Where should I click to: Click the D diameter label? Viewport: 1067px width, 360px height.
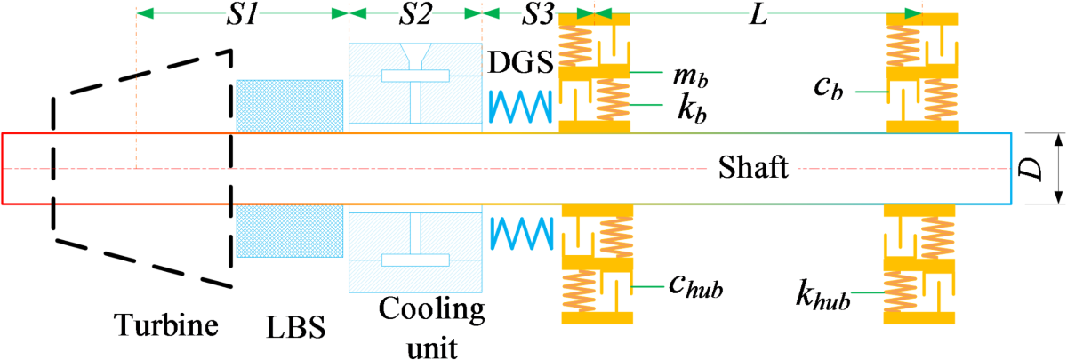click(1034, 169)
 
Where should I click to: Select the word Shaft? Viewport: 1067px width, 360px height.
click(754, 168)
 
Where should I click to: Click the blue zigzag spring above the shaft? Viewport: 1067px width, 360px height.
click(522, 108)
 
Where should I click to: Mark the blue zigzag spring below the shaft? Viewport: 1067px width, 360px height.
click(522, 233)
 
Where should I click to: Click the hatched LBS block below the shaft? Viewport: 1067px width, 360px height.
click(290, 231)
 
